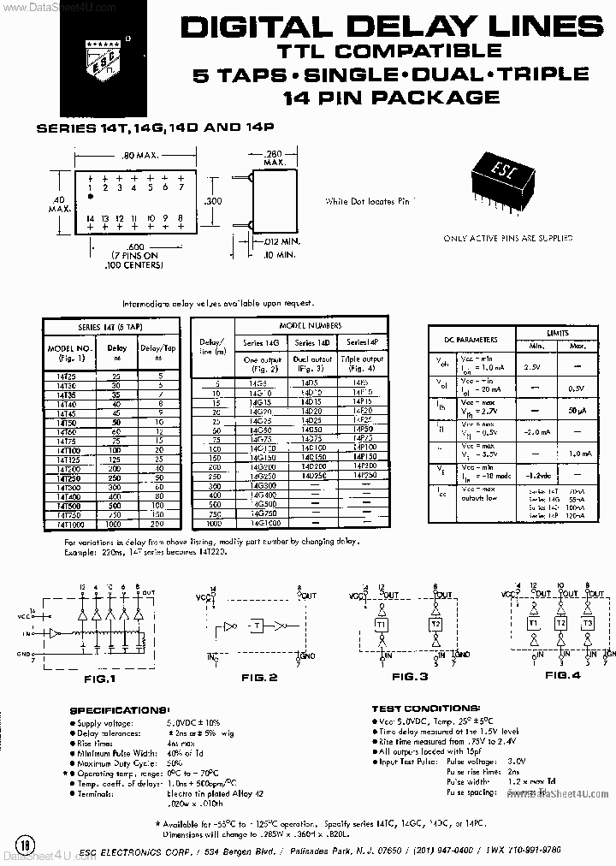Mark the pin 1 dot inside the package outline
[x=91, y=198]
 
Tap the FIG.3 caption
[x=409, y=677]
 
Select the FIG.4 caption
[x=563, y=675]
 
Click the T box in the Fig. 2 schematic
[x=256, y=626]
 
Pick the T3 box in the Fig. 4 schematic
[x=587, y=623]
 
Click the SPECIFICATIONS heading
[x=120, y=710]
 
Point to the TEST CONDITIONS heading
[x=425, y=709]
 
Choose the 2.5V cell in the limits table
[x=531, y=366]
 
